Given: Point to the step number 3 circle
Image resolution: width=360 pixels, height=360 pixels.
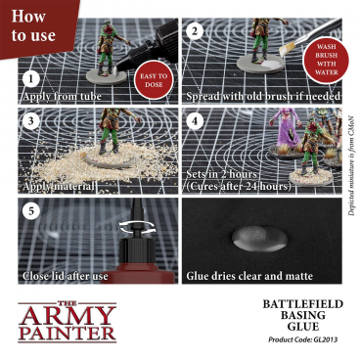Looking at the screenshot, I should pyautogui.click(x=30, y=123).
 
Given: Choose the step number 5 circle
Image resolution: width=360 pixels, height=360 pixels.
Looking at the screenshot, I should pyautogui.click(x=30, y=211).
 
